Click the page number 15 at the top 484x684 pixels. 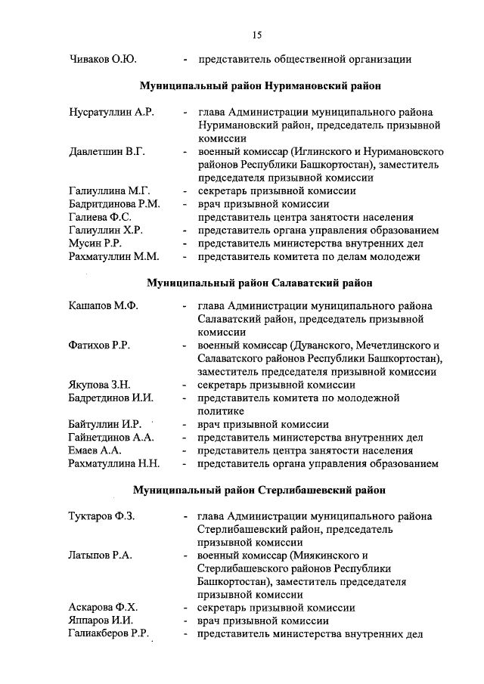click(x=257, y=35)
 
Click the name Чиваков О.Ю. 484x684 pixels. click(x=103, y=59)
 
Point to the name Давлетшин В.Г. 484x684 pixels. click(x=107, y=152)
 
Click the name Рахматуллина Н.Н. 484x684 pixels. click(x=113, y=463)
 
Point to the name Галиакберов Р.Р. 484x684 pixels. click(x=108, y=634)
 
